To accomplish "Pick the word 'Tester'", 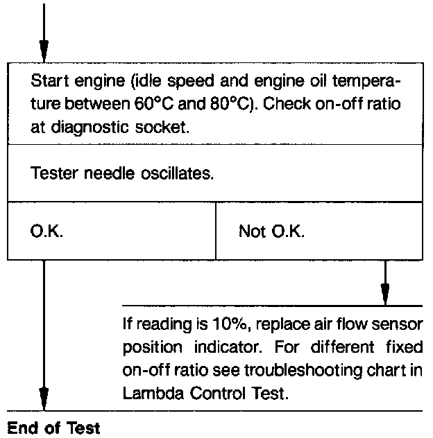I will click(x=54, y=173).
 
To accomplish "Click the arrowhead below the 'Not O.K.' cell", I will click(x=384, y=292).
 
